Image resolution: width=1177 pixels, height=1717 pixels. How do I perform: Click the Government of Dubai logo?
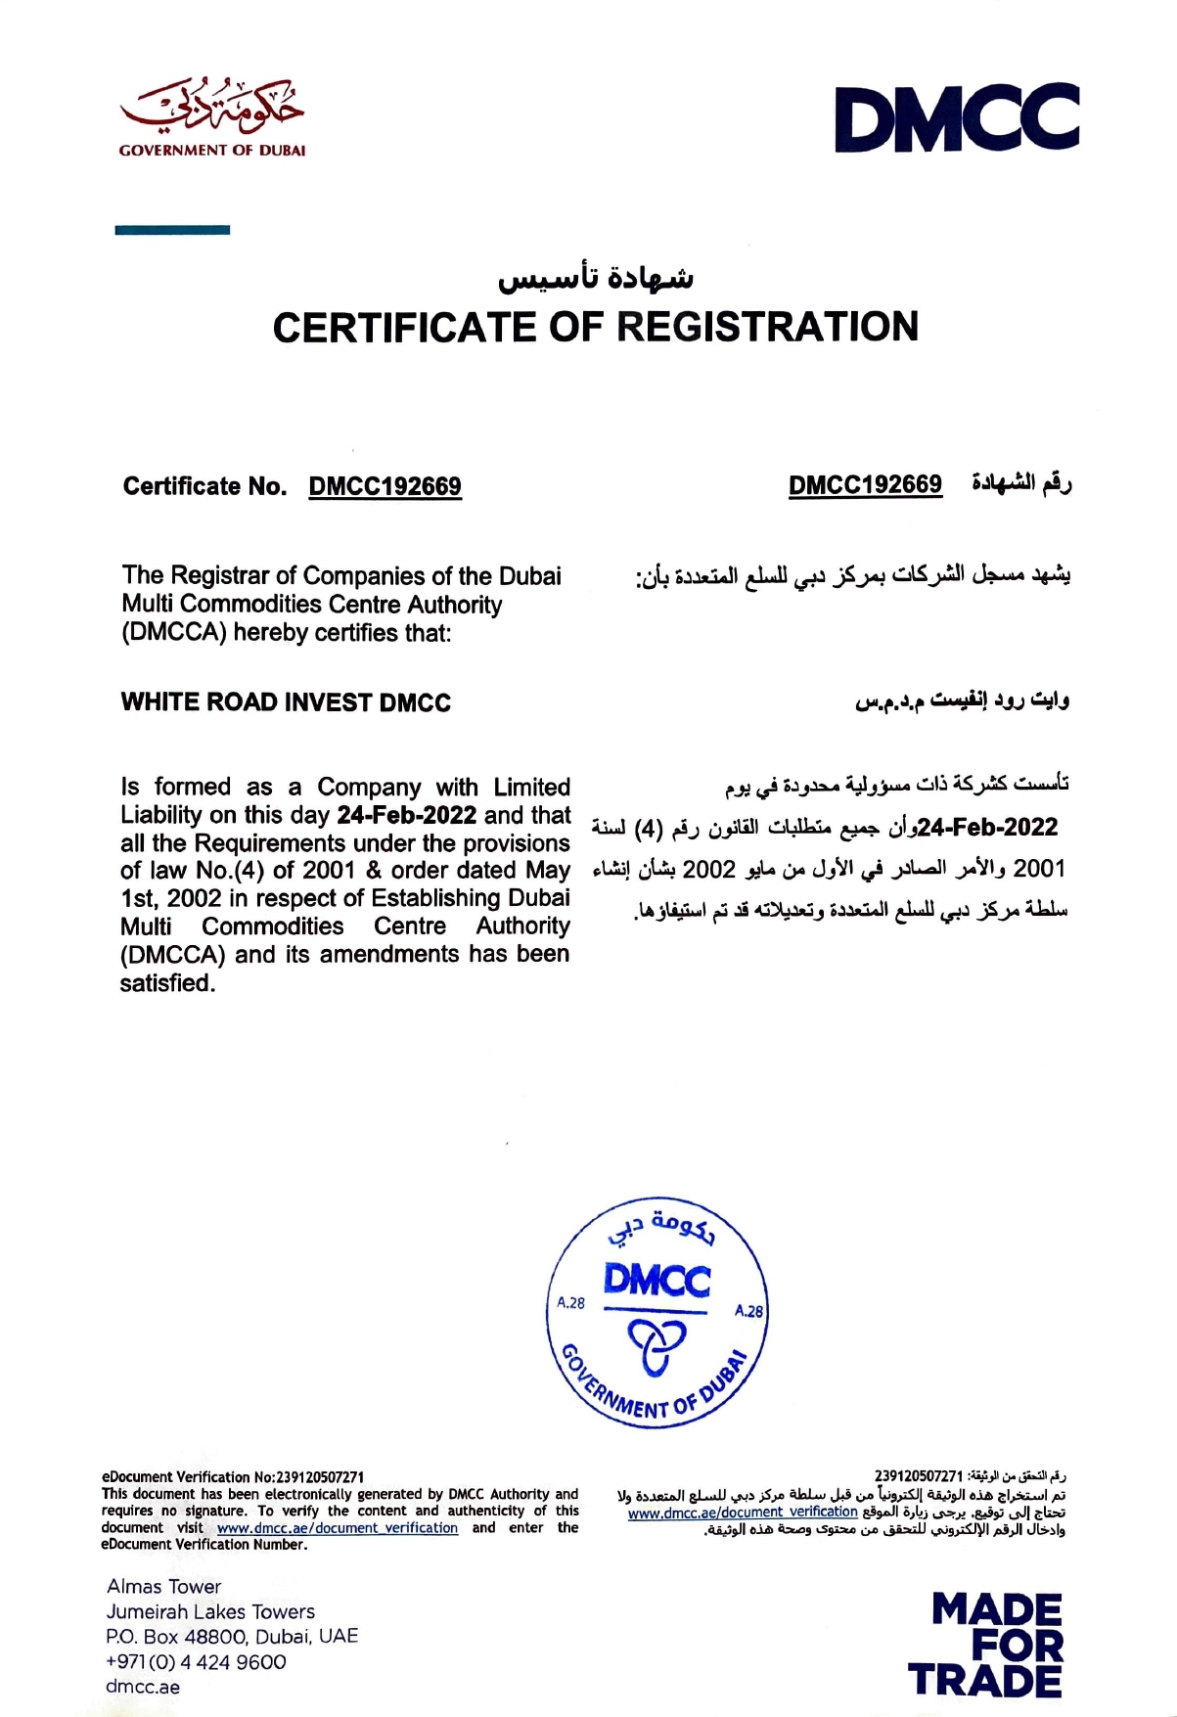click(x=211, y=117)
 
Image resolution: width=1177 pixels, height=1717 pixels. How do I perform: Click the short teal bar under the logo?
click(x=172, y=230)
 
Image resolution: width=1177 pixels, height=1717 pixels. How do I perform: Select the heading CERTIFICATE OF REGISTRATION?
click(x=595, y=328)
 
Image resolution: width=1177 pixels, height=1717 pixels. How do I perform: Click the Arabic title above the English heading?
click(x=595, y=278)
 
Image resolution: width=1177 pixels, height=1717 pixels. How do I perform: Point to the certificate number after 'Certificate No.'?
click(x=385, y=486)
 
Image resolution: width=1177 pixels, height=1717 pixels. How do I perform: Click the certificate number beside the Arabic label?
click(x=865, y=484)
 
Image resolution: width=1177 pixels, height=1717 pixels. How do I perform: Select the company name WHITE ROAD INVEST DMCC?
click(x=286, y=702)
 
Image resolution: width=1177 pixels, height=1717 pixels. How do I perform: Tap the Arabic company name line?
click(x=962, y=700)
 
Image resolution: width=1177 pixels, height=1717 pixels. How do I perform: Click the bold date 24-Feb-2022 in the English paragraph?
click(x=406, y=815)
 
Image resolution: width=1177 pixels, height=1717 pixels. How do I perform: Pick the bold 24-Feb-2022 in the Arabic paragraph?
click(x=988, y=828)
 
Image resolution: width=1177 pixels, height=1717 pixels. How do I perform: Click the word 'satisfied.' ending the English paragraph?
click(x=167, y=983)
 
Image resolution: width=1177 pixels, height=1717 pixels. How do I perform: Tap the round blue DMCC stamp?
click(x=656, y=1311)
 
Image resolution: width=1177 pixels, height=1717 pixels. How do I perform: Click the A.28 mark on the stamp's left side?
click(x=570, y=1302)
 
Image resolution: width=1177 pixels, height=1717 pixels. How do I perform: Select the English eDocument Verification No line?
click(x=233, y=1477)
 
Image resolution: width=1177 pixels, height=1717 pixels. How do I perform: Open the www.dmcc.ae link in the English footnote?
click(x=338, y=1528)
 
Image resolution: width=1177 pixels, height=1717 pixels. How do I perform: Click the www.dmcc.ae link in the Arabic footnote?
click(x=743, y=1513)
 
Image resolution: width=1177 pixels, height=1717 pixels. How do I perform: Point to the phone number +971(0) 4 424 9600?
click(x=196, y=1662)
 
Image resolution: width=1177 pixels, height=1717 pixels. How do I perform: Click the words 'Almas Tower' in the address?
click(x=163, y=1587)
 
